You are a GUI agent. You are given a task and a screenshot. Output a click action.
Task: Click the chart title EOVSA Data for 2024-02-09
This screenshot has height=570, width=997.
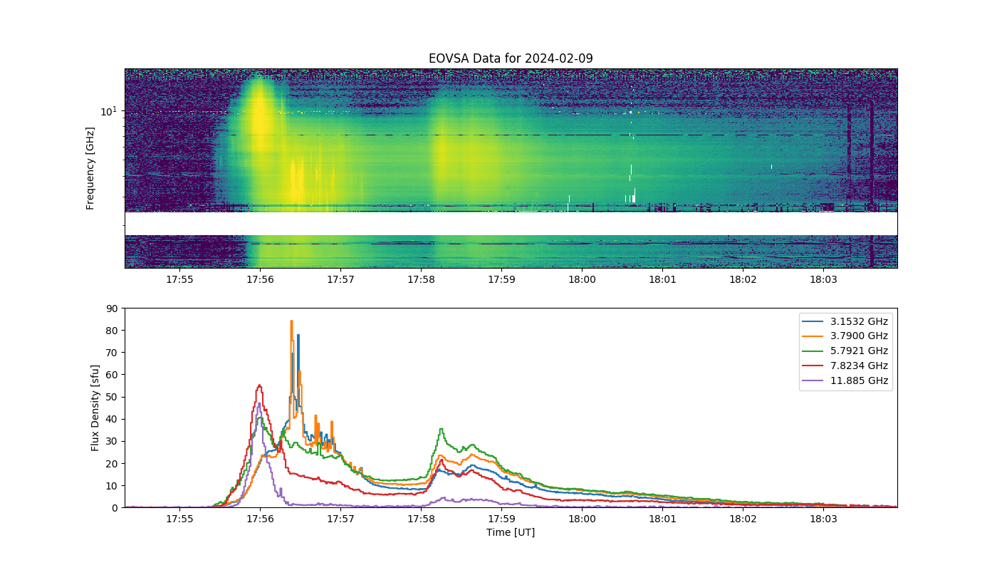pyautogui.click(x=511, y=58)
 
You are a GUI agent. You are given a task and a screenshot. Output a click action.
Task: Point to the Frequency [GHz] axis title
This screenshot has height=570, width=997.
pyautogui.click(x=90, y=168)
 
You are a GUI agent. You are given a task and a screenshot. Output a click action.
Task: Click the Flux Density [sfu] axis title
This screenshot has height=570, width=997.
pyautogui.click(x=95, y=408)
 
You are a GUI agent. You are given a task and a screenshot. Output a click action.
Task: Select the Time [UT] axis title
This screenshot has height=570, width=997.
pyautogui.click(x=511, y=532)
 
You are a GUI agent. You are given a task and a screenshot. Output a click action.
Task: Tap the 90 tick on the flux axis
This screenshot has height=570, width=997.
pyautogui.click(x=113, y=309)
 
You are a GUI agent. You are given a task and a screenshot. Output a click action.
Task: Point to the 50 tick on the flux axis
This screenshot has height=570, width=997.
pyautogui.click(x=113, y=398)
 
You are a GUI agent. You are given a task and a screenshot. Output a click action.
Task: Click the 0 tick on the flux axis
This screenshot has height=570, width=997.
pyautogui.click(x=115, y=508)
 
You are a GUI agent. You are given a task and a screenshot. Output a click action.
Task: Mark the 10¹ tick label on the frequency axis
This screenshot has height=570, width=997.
pyautogui.click(x=108, y=111)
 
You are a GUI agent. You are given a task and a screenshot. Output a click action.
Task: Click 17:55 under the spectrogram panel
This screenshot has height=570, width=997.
pyautogui.click(x=179, y=279)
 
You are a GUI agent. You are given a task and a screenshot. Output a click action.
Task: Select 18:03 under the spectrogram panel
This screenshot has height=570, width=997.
pyautogui.click(x=823, y=279)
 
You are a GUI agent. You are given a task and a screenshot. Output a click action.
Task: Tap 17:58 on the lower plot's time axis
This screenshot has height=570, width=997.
pyautogui.click(x=421, y=519)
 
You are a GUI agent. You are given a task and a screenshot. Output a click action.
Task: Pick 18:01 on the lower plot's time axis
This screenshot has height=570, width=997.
pyautogui.click(x=662, y=519)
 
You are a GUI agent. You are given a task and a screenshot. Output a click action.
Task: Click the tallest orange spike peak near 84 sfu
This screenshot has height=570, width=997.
pyautogui.click(x=291, y=321)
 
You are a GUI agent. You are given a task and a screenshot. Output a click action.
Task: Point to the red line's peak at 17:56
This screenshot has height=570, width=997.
pyautogui.click(x=259, y=385)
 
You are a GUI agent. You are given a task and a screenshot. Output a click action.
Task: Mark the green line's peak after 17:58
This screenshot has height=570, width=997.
pyautogui.click(x=441, y=429)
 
